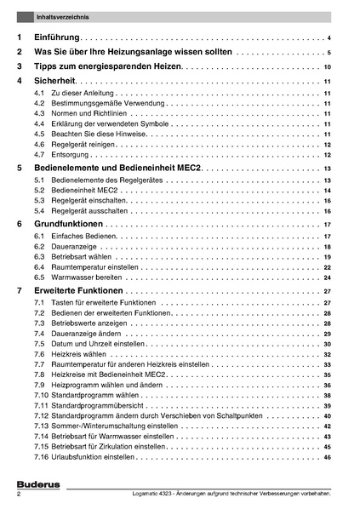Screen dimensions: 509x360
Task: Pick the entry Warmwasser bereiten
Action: pos(89,277)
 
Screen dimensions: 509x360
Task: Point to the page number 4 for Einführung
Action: pos(329,39)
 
